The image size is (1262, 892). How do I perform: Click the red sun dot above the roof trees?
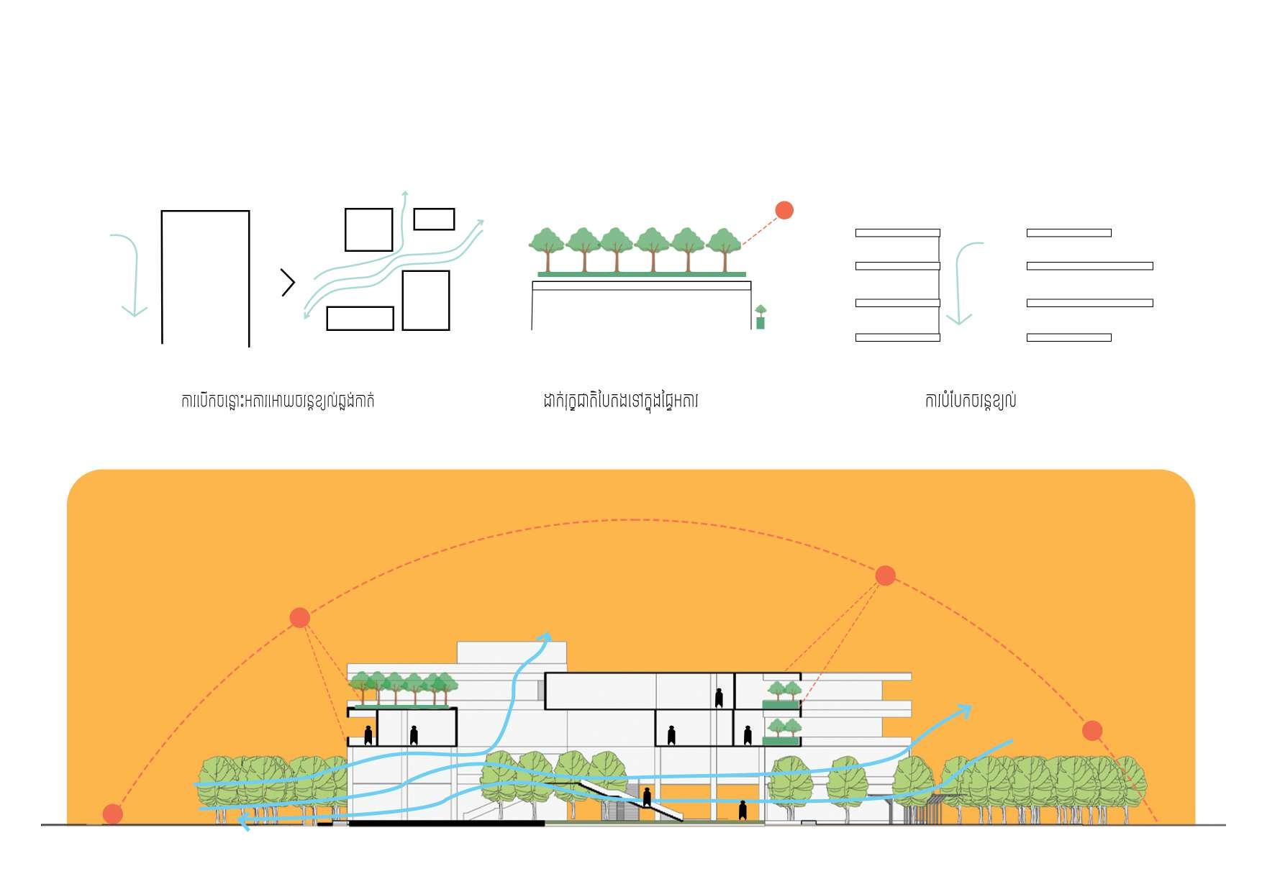(784, 210)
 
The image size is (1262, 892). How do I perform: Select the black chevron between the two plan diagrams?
(289, 283)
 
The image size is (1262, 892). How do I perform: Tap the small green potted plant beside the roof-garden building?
(761, 317)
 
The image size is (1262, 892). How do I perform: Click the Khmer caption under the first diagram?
(278, 401)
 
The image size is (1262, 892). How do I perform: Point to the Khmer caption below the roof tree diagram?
(620, 401)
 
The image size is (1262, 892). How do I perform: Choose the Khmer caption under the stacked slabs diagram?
(970, 401)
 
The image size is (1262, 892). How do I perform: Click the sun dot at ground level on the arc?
(112, 814)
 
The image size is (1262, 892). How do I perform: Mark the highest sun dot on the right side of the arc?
(885, 575)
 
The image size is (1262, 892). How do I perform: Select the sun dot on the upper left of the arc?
(300, 617)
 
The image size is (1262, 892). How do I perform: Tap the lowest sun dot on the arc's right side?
(1092, 730)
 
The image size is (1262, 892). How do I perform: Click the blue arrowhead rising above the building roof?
(545, 637)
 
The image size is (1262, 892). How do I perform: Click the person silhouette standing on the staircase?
(647, 797)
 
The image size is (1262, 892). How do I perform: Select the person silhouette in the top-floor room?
(719, 697)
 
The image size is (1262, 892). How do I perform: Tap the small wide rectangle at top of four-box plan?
(434, 219)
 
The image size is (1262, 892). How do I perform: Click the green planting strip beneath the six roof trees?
(642, 274)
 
